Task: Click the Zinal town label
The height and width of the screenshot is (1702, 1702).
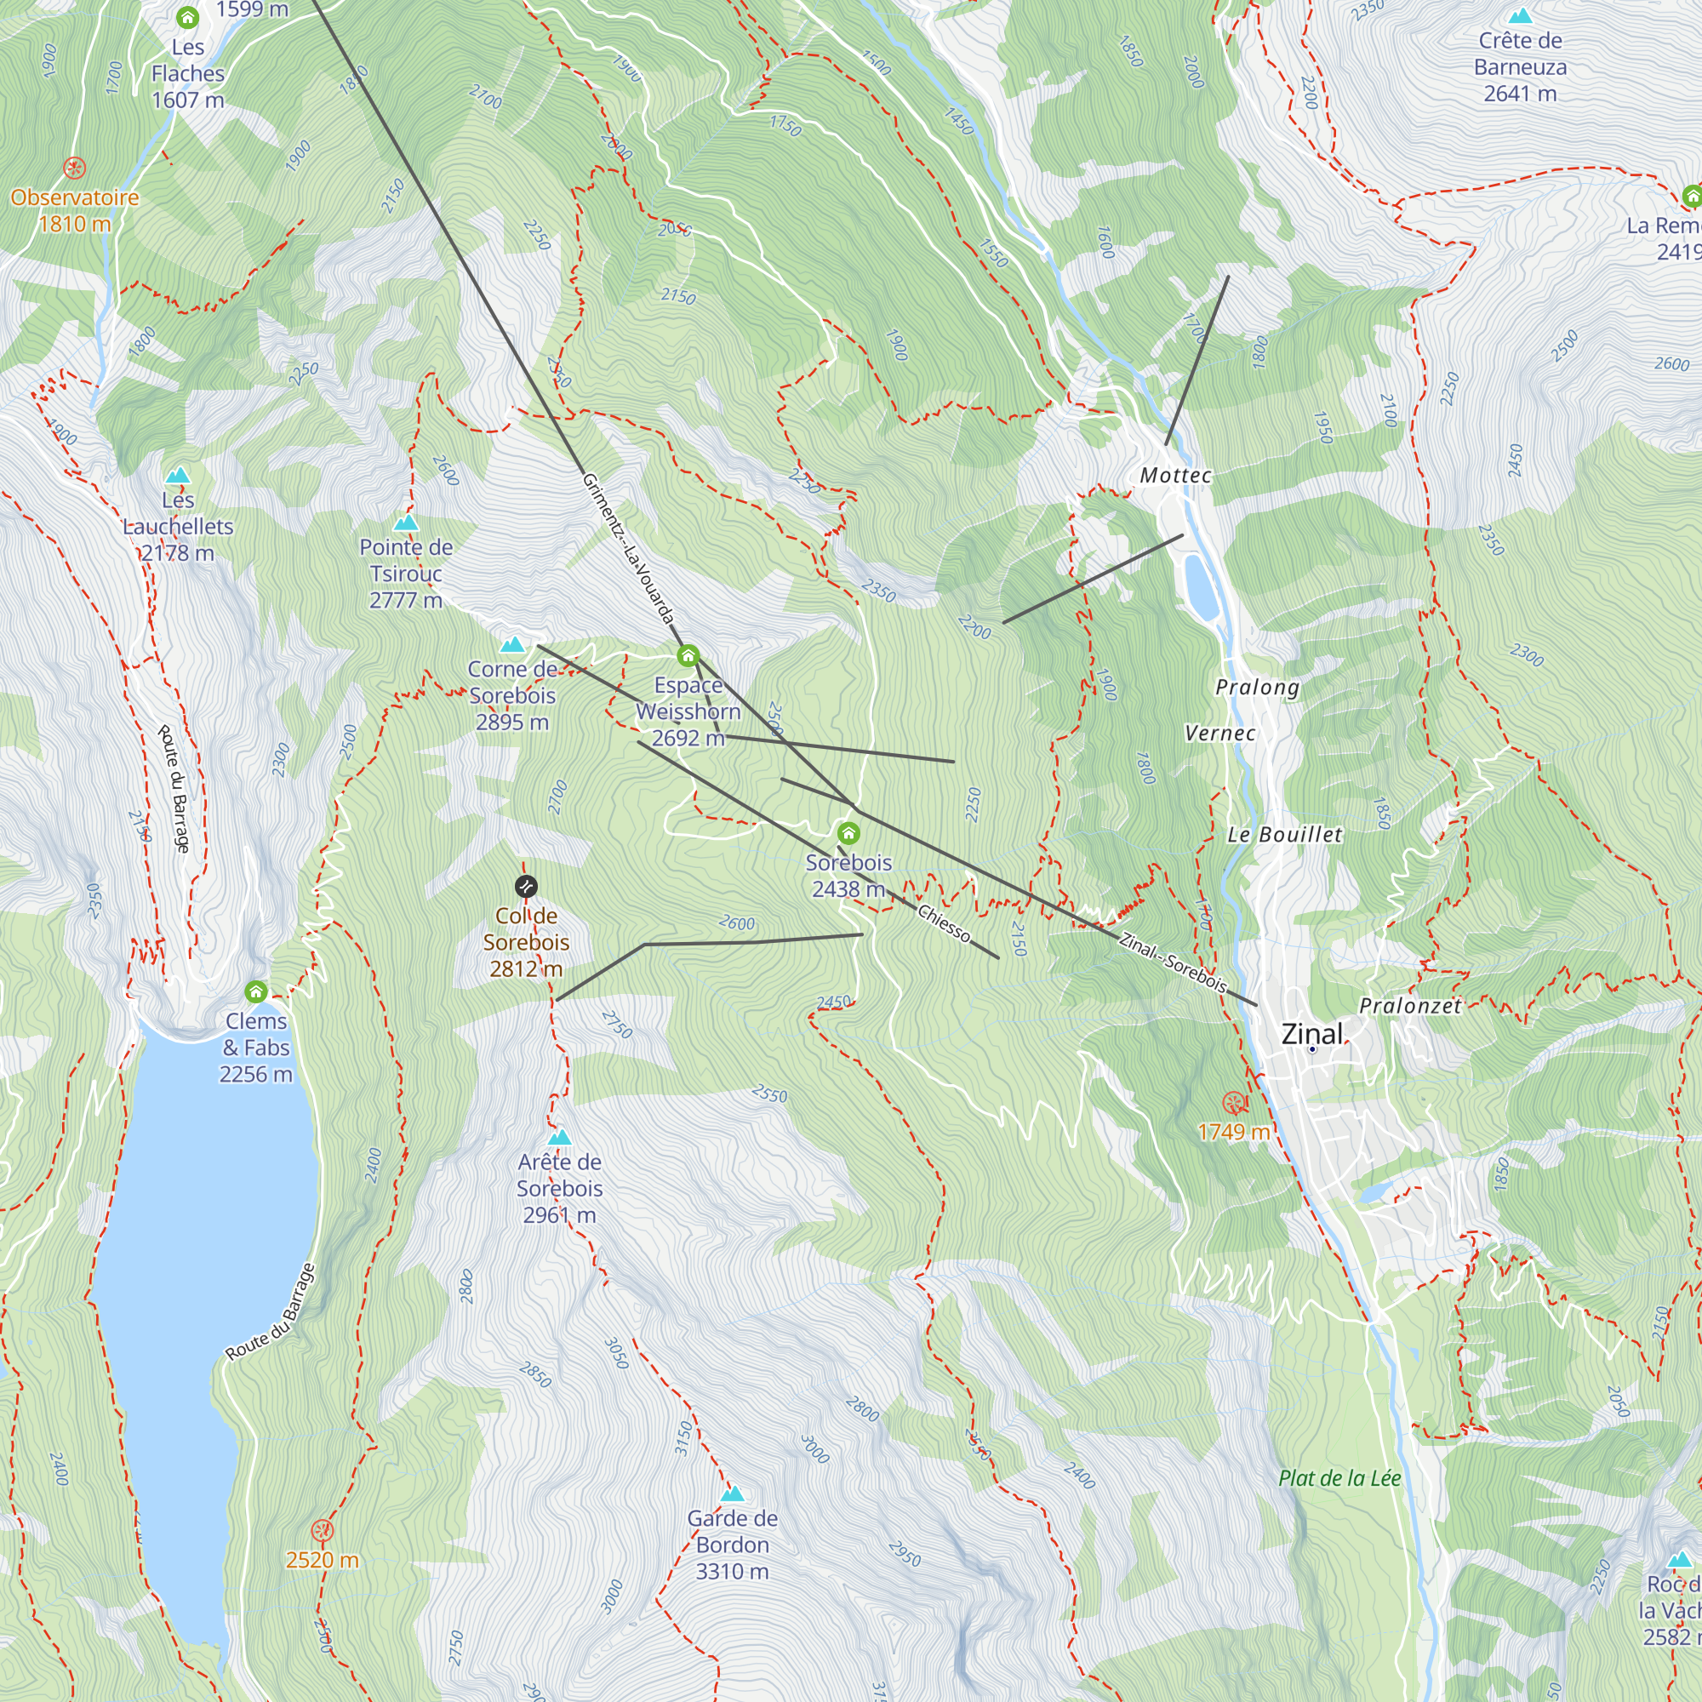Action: (x=1311, y=1034)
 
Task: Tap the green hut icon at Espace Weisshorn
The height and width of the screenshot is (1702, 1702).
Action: (x=688, y=656)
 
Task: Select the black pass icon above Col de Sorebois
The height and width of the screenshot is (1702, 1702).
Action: (x=526, y=886)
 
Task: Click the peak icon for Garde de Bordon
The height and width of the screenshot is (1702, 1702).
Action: (x=732, y=1494)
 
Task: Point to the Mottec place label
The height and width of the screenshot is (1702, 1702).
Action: (x=1175, y=476)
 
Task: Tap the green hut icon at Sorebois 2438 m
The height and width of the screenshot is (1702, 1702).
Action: (x=848, y=833)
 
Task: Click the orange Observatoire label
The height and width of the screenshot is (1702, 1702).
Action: (x=75, y=197)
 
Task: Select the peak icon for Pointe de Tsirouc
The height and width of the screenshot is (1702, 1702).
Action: (x=405, y=523)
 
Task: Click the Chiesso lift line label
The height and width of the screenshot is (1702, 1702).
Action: (x=944, y=923)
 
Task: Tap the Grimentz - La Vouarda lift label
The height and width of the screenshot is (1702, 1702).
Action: (x=629, y=549)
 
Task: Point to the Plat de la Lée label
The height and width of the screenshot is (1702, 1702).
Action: (x=1339, y=1478)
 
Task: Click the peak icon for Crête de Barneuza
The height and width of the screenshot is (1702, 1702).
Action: (x=1520, y=17)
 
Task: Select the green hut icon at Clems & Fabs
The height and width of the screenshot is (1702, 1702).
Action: (x=256, y=992)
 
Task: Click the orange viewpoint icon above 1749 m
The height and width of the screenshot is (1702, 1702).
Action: (x=1234, y=1102)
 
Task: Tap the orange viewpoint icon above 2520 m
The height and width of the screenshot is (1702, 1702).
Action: (x=323, y=1530)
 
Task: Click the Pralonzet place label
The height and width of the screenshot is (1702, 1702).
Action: (x=1409, y=1006)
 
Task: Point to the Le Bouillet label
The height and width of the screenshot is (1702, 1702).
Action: (x=1284, y=834)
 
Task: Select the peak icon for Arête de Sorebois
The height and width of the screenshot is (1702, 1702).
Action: (x=559, y=1137)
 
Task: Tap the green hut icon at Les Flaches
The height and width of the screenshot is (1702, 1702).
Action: (x=186, y=18)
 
